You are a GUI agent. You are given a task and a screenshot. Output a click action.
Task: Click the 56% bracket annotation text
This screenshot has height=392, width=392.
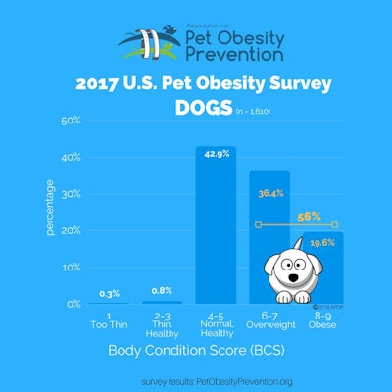click(x=309, y=215)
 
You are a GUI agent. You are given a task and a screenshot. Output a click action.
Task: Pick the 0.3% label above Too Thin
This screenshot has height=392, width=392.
click(x=110, y=293)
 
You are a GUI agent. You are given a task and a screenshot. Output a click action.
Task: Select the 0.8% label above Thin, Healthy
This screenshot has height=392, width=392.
click(x=162, y=291)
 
